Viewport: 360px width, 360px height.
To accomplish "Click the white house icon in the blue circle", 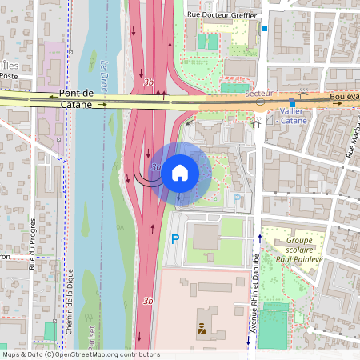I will coord(180,171).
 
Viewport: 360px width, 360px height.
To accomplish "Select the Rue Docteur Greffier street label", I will coord(221,14).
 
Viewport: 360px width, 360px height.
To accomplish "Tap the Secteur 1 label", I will coord(263,94).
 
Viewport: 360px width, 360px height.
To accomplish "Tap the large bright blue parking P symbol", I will coord(175,238).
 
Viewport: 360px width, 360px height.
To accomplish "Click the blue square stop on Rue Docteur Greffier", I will coord(264,30).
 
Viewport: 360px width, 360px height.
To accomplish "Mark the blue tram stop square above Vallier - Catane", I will coord(293,103).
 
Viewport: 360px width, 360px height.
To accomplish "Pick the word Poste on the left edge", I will coord(9,76).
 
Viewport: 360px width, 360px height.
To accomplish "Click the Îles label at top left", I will coord(9,65).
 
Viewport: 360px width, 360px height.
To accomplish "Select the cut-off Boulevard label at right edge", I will coord(344,96).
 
